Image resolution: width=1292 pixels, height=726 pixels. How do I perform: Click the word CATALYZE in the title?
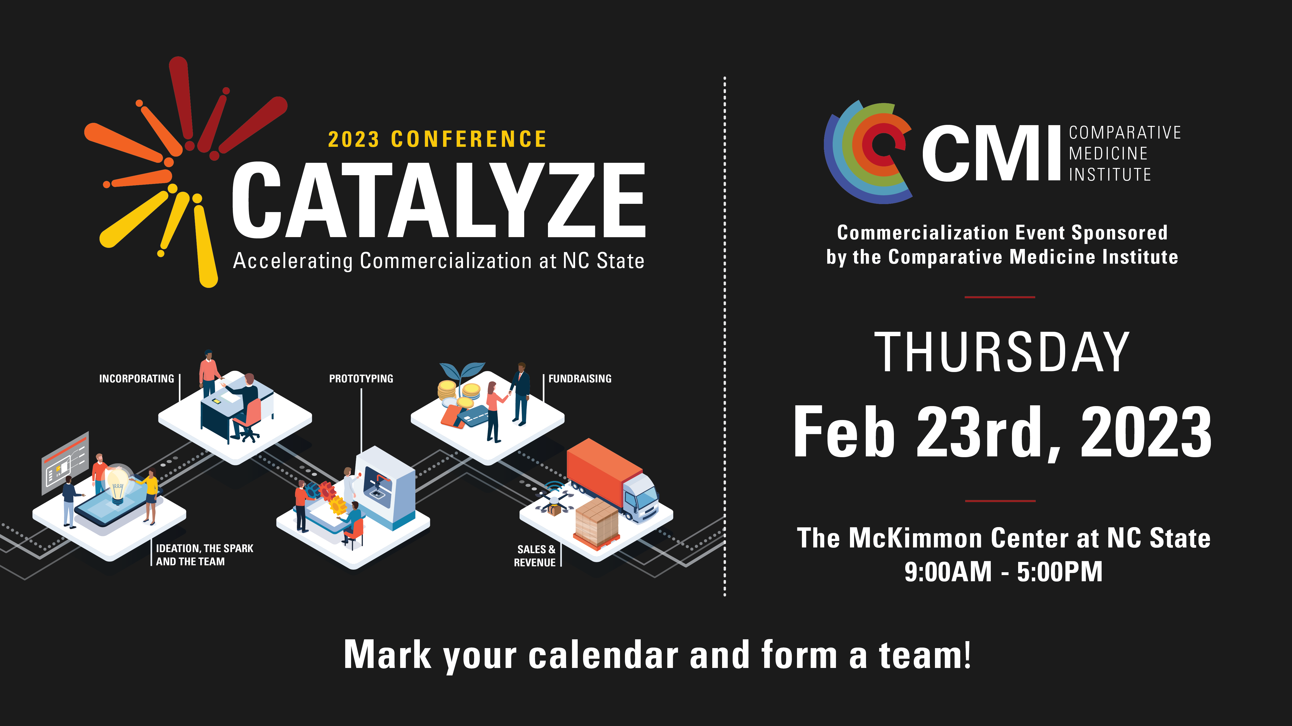coord(438,199)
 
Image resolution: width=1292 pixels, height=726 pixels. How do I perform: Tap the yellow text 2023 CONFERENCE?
coord(437,139)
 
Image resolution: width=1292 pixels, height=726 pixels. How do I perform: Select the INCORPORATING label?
coord(136,379)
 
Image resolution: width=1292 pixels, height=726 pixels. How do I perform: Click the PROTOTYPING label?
coord(361,379)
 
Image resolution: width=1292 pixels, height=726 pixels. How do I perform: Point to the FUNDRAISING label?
coord(580,379)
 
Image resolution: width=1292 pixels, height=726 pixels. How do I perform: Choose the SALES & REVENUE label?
coord(535,556)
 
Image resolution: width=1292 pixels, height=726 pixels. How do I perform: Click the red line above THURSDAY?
coord(1000,297)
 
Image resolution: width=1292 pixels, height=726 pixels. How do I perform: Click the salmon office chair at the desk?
coord(249,420)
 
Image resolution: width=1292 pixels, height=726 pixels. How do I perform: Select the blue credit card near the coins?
coord(473,416)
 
